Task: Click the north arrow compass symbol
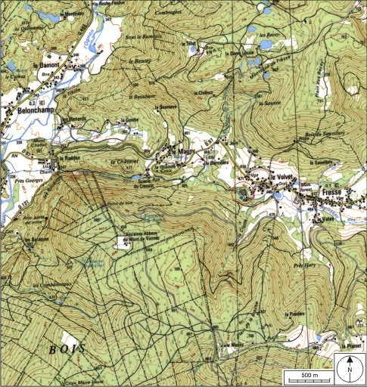pyautogui.click(x=350, y=368)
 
